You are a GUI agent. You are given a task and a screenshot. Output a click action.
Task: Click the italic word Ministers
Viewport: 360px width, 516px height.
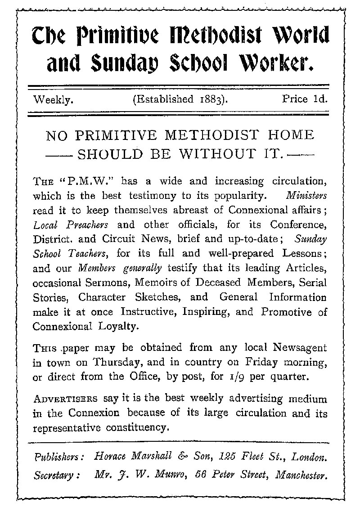click(309, 196)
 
